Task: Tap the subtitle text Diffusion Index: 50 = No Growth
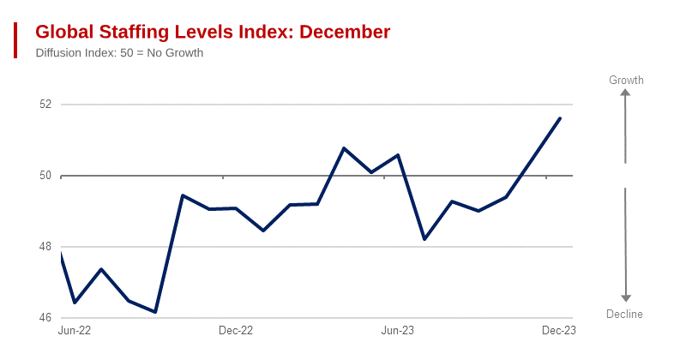(x=119, y=53)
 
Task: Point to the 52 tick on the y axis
(x=45, y=105)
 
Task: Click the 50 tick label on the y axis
(x=45, y=176)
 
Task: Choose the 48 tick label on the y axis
(x=45, y=247)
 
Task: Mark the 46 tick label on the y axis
(x=45, y=318)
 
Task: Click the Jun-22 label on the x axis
(x=75, y=331)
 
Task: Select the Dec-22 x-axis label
(x=236, y=331)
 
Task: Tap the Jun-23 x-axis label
(x=397, y=331)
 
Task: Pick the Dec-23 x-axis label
(x=558, y=331)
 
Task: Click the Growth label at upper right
(x=626, y=81)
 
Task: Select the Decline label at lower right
(x=624, y=315)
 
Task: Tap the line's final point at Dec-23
(x=560, y=118)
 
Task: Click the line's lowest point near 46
(x=155, y=312)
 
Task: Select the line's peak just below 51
(x=344, y=148)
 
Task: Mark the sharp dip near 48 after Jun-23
(x=424, y=239)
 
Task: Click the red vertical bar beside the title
(x=15, y=40)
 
